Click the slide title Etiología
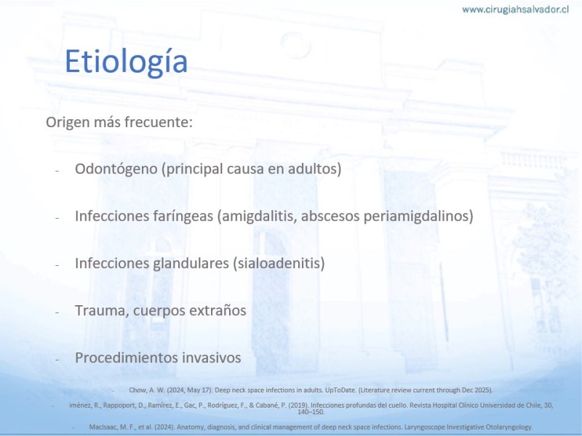pos(126,62)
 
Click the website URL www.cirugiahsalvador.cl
pos(515,9)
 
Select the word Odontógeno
pos(116,169)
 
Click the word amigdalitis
pos(258,216)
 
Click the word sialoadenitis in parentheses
pos(279,263)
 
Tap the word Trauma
pos(102,311)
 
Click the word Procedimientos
pos(121,358)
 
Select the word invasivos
pos(207,358)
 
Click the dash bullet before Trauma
pos(57,312)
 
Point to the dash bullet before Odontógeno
pos(57,171)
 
